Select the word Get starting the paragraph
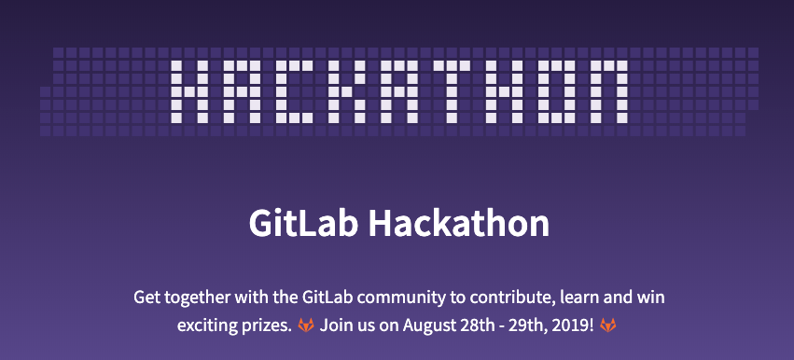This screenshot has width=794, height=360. [x=148, y=298]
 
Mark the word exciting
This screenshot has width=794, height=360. [x=208, y=327]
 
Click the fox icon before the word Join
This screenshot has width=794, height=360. [x=305, y=326]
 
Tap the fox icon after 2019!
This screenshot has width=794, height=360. [x=607, y=326]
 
